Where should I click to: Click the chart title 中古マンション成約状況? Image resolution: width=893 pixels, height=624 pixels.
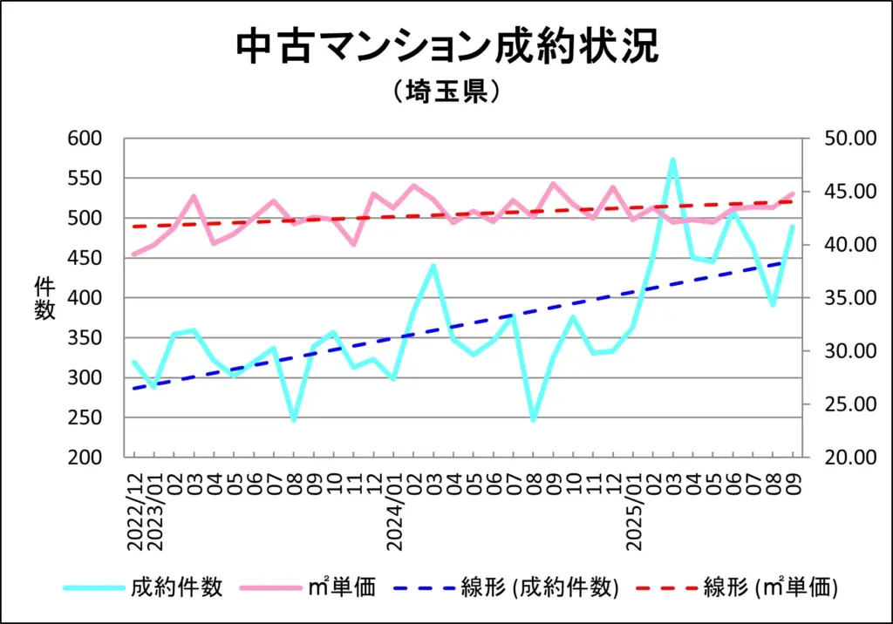pos(446,48)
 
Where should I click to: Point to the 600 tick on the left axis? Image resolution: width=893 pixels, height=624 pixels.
pos(87,139)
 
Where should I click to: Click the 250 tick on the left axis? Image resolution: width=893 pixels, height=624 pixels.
pos(87,418)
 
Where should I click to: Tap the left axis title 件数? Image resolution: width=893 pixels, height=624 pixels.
pos(44,298)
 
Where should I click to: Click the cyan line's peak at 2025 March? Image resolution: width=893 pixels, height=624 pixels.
pos(672,159)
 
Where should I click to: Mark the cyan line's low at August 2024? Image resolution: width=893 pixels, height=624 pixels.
pos(533,420)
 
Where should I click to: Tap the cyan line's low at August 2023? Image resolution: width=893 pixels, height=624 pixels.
pos(294,420)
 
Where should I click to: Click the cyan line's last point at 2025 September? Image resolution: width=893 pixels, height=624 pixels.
pos(793,227)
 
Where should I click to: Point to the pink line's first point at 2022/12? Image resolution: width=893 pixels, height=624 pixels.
pos(133,254)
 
